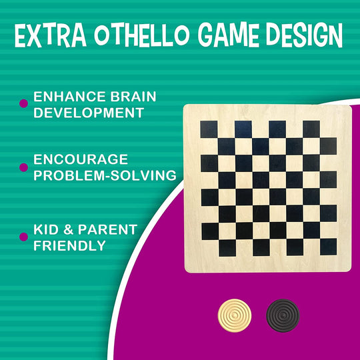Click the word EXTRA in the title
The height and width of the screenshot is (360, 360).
pyautogui.click(x=51, y=38)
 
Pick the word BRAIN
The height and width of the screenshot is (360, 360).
pyautogui.click(x=133, y=97)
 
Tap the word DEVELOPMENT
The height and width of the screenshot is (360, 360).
pyautogui.click(x=89, y=113)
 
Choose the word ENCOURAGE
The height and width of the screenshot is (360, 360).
pyautogui.click(x=81, y=161)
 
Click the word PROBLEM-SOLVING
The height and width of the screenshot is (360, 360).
pyautogui.click(x=105, y=176)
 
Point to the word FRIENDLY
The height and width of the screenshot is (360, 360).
pyautogui.click(x=70, y=245)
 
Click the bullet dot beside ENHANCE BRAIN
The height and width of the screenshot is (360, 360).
pyautogui.click(x=24, y=103)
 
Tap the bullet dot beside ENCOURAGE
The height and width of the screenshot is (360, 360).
pyautogui.click(x=24, y=167)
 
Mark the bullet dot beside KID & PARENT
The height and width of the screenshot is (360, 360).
pyautogui.click(x=24, y=236)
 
